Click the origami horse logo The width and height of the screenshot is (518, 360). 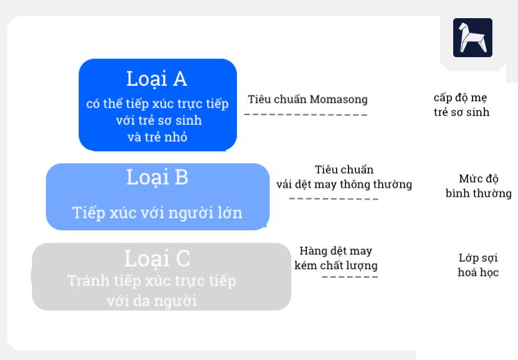(x=472, y=38)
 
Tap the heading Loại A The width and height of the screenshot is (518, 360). (x=157, y=78)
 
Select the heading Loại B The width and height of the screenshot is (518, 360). (x=157, y=177)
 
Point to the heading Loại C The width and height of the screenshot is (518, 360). (x=157, y=258)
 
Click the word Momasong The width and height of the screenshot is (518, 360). (x=338, y=99)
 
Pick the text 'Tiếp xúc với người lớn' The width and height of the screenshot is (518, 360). (x=157, y=213)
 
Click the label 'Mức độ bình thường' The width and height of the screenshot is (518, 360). (x=478, y=186)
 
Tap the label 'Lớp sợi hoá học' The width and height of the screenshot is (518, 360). (x=478, y=265)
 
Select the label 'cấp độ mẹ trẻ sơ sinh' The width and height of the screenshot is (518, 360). (x=461, y=104)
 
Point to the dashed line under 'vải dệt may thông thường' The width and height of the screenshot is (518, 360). (x=333, y=199)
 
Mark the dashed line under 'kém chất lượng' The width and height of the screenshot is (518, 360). (x=349, y=278)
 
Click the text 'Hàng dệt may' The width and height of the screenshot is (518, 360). (x=335, y=251)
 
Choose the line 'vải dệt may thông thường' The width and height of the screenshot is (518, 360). (x=344, y=185)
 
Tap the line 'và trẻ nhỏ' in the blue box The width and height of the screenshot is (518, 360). (x=157, y=137)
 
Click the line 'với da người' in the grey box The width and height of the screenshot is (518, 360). (x=151, y=301)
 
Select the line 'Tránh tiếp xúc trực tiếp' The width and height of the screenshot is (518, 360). (x=151, y=280)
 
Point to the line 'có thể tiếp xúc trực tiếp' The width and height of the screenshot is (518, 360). (x=157, y=104)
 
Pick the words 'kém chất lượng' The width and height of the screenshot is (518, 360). (x=335, y=266)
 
